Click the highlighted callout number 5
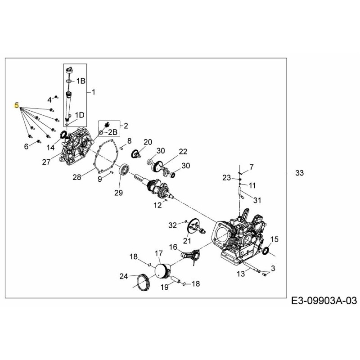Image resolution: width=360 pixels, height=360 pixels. point(17,106)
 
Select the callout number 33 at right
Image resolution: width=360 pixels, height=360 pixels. point(299,173)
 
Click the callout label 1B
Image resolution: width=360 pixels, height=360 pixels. point(81,81)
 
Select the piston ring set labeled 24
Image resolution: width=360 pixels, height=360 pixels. point(144,281)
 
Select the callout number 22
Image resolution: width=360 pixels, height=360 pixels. point(183,151)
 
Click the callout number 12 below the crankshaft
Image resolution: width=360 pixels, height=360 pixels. point(157,205)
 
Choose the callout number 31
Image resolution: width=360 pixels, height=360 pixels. point(257,200)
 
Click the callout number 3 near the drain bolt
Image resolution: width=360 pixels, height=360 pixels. point(273,269)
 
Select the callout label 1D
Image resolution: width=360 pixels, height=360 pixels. point(79,115)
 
